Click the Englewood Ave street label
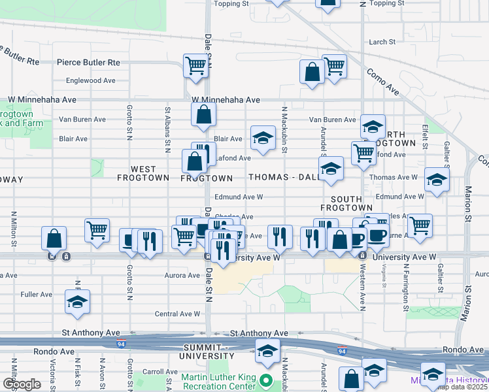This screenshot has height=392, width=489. click(90, 81)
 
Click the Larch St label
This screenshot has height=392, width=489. click(382, 42)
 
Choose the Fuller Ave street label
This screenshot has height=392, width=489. click(36, 295)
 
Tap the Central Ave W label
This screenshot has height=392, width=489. click(177, 314)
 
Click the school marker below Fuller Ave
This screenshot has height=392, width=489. click(77, 302)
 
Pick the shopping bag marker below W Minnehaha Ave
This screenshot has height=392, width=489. click(203, 114)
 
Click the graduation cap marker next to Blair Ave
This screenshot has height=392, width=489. click(263, 138)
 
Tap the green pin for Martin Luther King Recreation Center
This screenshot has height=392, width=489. click(265, 380)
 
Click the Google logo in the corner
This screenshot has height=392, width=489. click(22, 384)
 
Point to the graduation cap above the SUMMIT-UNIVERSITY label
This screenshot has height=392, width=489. click(267, 351)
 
